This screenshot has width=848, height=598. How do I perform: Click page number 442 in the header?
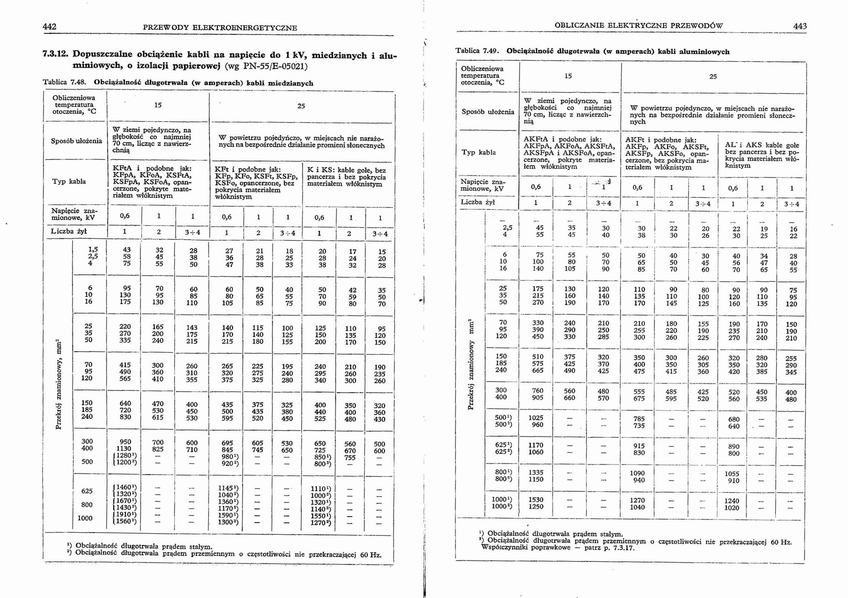click(50, 27)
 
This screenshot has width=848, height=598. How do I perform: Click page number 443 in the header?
click(800, 26)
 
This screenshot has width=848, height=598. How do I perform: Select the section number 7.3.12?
click(57, 54)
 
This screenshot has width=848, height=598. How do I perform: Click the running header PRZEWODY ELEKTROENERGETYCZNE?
click(220, 27)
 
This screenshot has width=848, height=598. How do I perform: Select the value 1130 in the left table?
click(124, 448)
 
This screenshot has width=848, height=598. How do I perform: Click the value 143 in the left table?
click(192, 327)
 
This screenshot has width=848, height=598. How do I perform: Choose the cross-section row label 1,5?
click(93, 250)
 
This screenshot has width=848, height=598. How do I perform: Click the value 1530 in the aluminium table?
click(536, 499)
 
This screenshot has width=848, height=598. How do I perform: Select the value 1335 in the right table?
click(536, 472)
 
